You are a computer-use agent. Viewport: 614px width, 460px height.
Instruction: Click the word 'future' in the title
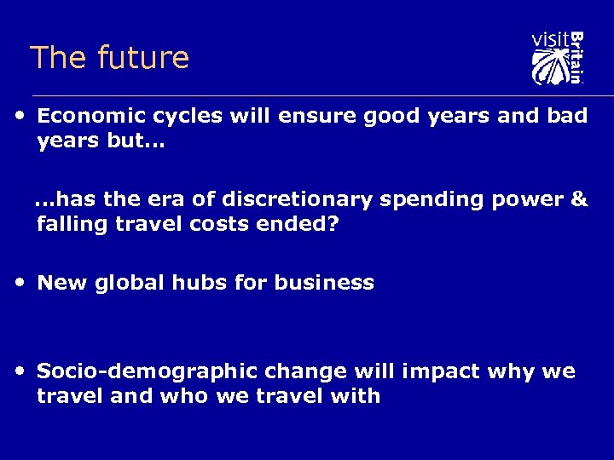[x=143, y=58]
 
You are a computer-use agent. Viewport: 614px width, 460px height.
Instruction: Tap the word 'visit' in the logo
[x=548, y=40]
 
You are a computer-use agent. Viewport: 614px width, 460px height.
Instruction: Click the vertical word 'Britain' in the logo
[x=576, y=57]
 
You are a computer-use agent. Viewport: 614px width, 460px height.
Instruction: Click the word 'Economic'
[x=87, y=116]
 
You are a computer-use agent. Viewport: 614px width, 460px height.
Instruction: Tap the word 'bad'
[x=568, y=116]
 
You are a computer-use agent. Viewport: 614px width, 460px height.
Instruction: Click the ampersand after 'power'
[x=579, y=199]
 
